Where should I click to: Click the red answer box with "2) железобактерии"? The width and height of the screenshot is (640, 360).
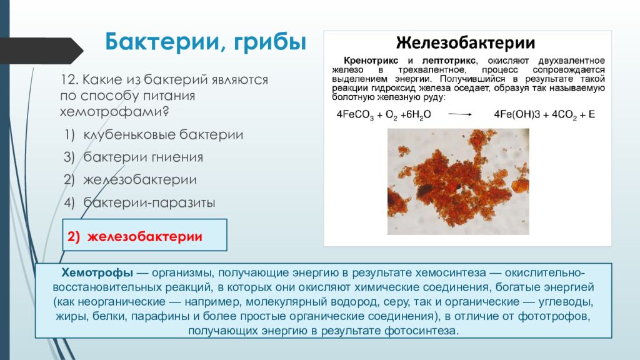tap(144, 236)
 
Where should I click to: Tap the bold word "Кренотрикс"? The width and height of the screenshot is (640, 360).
tap(370, 61)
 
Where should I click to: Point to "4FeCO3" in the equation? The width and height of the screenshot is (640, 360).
tap(353, 114)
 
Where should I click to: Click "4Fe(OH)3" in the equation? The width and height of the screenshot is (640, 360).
tap(519, 114)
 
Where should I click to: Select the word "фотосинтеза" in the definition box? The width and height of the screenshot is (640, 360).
tap(427, 330)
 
